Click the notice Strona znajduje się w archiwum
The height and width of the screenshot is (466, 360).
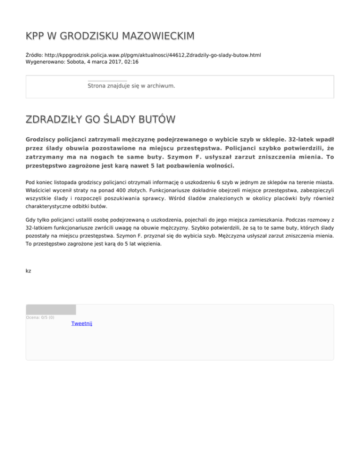(x=131, y=86)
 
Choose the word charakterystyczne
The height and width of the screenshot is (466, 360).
(x=52, y=206)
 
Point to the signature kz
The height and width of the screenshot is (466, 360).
(x=29, y=271)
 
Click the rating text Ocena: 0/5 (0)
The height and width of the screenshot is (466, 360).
(x=40, y=317)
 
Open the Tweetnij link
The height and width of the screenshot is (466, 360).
(x=82, y=323)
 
